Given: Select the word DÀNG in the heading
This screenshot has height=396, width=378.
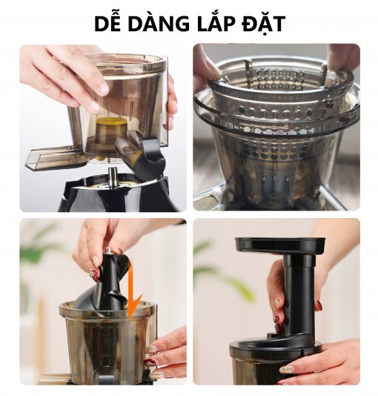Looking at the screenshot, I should coord(165,23).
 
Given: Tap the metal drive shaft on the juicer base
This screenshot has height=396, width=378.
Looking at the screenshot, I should coord(112,176).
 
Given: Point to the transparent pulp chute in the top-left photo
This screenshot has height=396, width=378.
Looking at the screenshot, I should coord(52,156).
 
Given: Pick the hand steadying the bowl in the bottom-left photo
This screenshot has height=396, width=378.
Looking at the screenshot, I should coord(167,349).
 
